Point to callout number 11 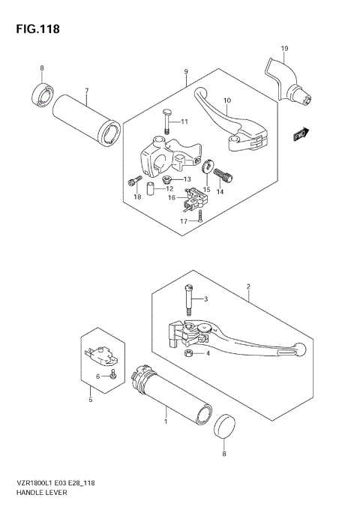click(x=184, y=122)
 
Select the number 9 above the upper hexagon click(x=184, y=72)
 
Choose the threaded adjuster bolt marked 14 click(x=224, y=177)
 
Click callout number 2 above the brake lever click(x=247, y=286)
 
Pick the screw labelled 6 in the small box click(x=112, y=375)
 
